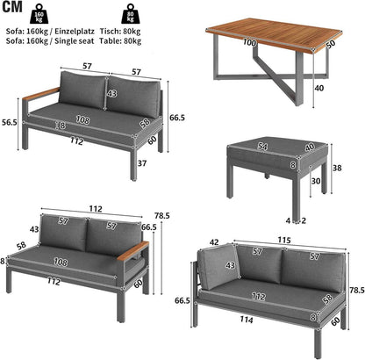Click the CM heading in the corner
12,7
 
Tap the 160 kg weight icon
39,13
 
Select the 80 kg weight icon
130,13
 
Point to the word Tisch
109,32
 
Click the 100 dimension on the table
249,43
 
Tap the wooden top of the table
275,35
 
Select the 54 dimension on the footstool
262,147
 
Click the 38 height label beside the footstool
337,168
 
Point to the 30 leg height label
316,181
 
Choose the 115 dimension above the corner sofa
284,241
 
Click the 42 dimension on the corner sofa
214,242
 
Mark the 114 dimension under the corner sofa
247,320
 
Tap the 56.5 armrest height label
10,122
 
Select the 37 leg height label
142,163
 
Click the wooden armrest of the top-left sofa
41,94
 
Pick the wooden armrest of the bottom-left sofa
133,251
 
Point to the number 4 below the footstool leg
288,220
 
